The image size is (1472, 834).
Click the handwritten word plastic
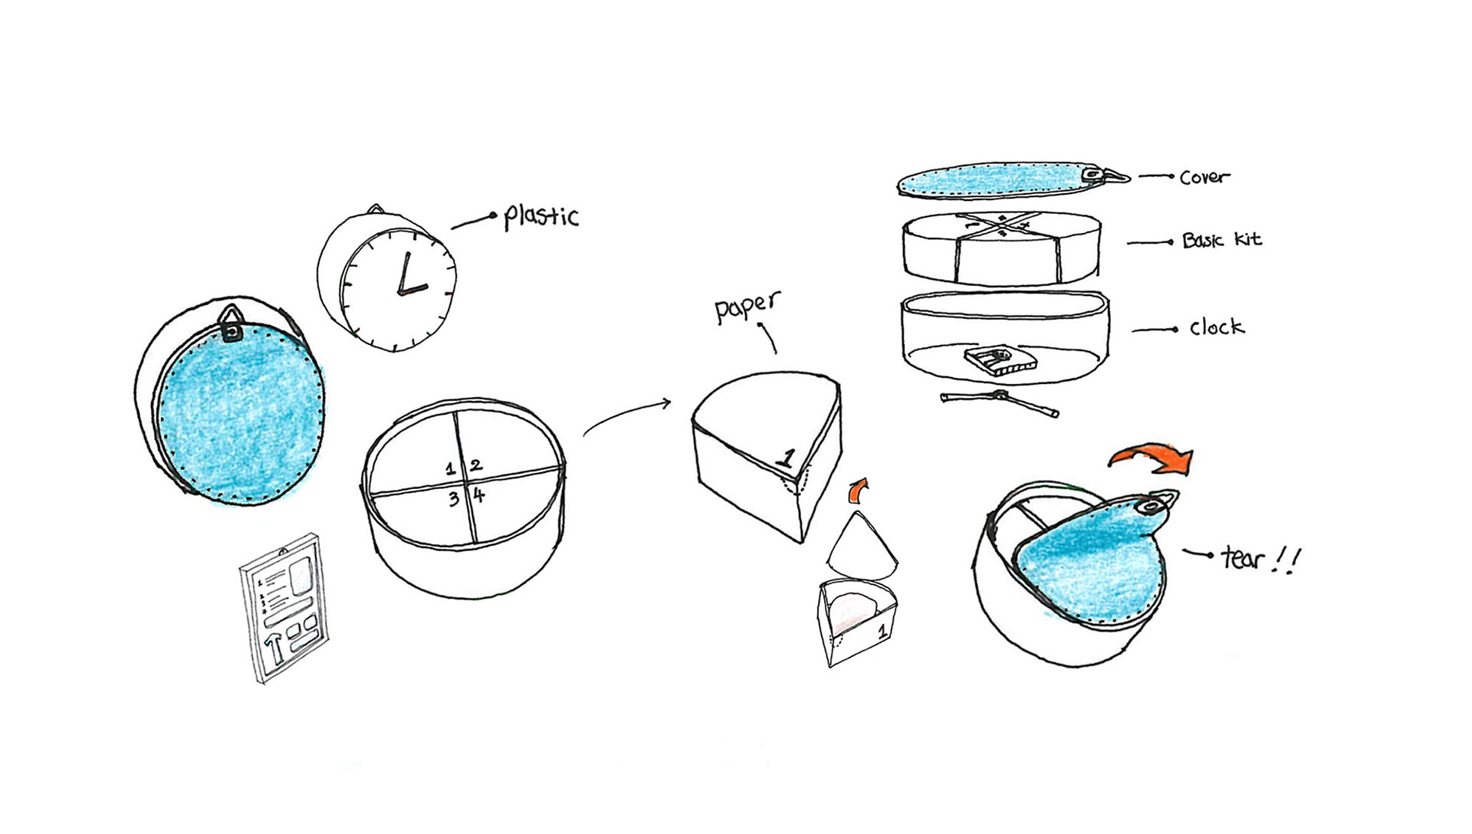(x=541, y=216)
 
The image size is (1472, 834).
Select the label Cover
(x=1204, y=177)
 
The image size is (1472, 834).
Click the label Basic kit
(x=1222, y=241)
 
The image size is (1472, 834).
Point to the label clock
(x=1217, y=327)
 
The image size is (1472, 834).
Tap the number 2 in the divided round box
(x=476, y=465)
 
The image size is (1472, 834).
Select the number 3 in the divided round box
(x=454, y=499)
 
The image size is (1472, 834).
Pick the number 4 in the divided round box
(x=479, y=495)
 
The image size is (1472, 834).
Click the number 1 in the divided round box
(x=451, y=468)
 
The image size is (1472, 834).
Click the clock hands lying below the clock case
(x=1000, y=402)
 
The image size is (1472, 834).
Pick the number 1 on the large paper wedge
(x=785, y=458)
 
